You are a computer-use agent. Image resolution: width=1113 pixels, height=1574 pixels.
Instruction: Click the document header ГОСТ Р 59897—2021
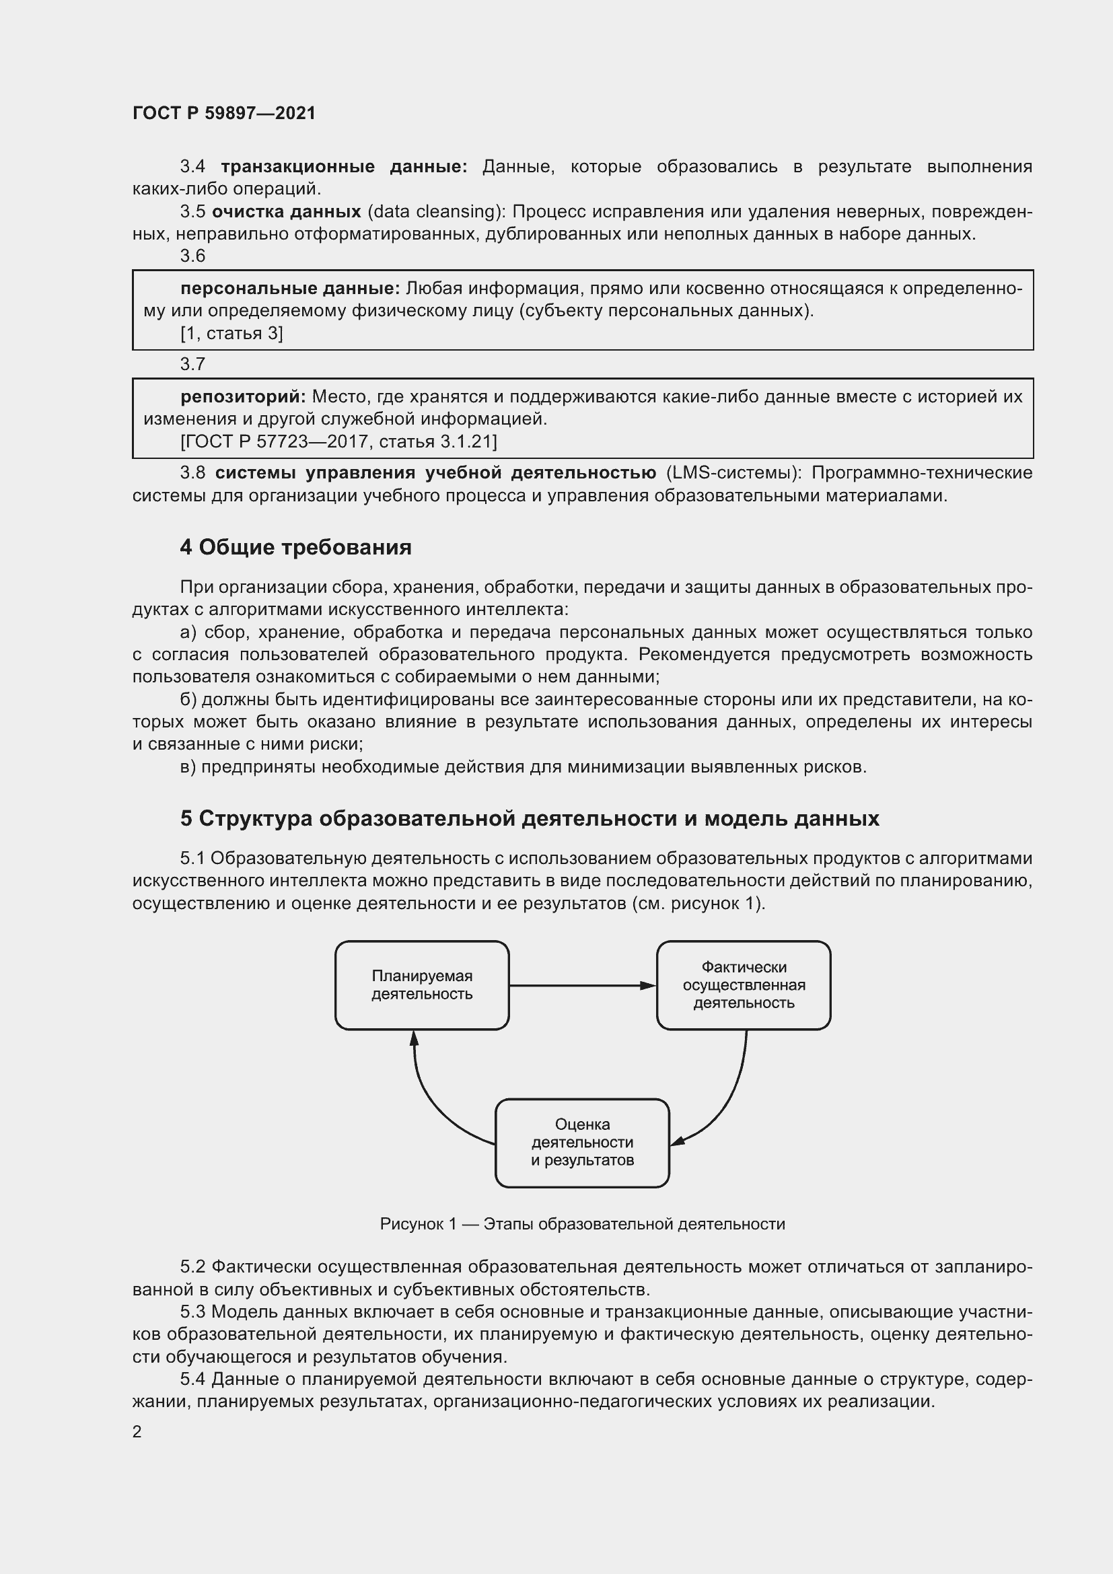(x=224, y=113)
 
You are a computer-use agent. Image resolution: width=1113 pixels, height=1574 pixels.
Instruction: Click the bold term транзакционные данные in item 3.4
(x=343, y=167)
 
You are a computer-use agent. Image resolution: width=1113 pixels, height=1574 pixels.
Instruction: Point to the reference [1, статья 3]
(x=231, y=333)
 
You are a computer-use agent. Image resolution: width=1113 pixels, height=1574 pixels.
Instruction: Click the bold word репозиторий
(x=243, y=396)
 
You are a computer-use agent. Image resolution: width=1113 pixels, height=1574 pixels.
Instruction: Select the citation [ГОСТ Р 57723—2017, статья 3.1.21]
(x=338, y=441)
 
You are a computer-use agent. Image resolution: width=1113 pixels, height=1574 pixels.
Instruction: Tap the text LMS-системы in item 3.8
(x=733, y=473)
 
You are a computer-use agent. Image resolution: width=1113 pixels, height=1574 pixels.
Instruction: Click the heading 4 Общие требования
(x=295, y=547)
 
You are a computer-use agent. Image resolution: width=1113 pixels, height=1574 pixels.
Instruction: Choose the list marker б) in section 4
(x=188, y=699)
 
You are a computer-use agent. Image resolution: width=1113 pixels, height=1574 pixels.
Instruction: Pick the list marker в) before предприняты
(x=188, y=766)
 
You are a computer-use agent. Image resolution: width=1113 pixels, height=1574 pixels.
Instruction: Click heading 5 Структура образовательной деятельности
(x=529, y=818)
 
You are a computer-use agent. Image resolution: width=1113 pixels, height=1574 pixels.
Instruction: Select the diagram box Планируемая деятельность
(x=421, y=985)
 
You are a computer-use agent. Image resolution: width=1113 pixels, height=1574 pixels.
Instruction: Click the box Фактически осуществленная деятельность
(x=744, y=985)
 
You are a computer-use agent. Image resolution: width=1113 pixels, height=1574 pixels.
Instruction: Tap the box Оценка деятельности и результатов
(x=582, y=1143)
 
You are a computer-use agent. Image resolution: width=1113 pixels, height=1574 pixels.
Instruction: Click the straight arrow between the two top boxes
(x=582, y=986)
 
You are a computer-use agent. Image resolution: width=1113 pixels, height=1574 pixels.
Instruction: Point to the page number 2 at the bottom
(x=137, y=1432)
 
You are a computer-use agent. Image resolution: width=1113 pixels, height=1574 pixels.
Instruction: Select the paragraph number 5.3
(x=192, y=1312)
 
